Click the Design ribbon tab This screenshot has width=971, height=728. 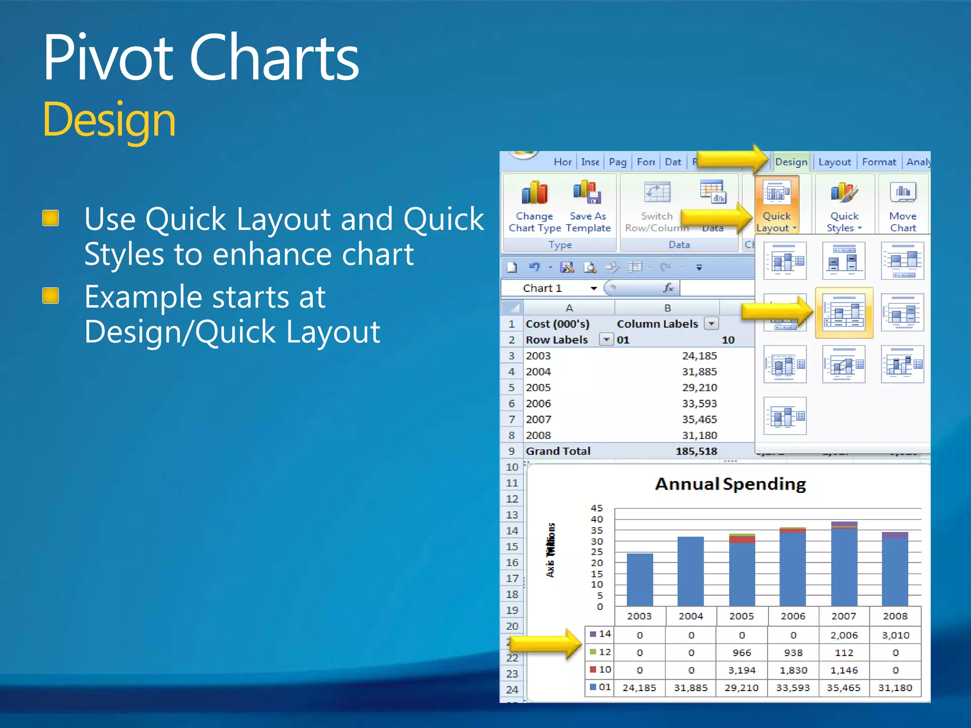pos(791,162)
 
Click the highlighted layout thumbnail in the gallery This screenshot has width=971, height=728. pos(844,313)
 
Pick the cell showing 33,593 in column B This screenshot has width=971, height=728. pos(699,403)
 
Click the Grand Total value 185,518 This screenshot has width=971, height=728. pos(696,451)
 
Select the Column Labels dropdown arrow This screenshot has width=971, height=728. pos(711,324)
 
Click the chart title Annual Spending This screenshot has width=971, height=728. pos(730,484)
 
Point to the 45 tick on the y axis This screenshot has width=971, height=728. pos(596,508)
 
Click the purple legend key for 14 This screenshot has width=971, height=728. pos(593,634)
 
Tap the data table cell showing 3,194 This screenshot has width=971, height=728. pos(742,670)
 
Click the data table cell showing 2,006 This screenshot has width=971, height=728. pos(844,635)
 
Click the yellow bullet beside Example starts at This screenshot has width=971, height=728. pos(51,296)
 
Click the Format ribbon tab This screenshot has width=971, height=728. pos(879,162)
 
